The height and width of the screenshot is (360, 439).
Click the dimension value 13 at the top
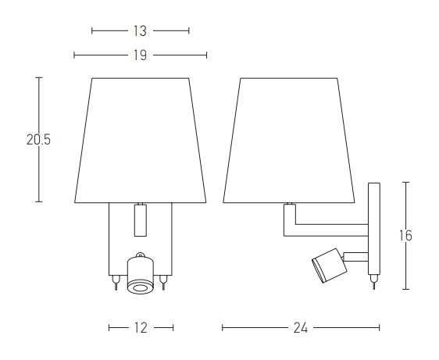pyautogui.click(x=140, y=30)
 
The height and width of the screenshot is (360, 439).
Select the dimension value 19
pyautogui.click(x=140, y=55)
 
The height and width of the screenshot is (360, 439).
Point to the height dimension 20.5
pyautogui.click(x=38, y=140)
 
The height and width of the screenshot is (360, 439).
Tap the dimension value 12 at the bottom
pyautogui.click(x=141, y=327)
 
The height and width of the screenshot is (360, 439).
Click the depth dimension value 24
pyautogui.click(x=301, y=327)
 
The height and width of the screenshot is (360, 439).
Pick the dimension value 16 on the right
pyautogui.click(x=405, y=235)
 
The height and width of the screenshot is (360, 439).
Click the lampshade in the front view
pyautogui.click(x=141, y=141)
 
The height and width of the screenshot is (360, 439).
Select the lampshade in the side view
pyautogui.click(x=289, y=141)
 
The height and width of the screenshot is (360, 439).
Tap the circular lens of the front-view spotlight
pyautogui.click(x=141, y=288)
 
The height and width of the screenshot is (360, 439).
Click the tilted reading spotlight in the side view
pyautogui.click(x=330, y=266)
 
